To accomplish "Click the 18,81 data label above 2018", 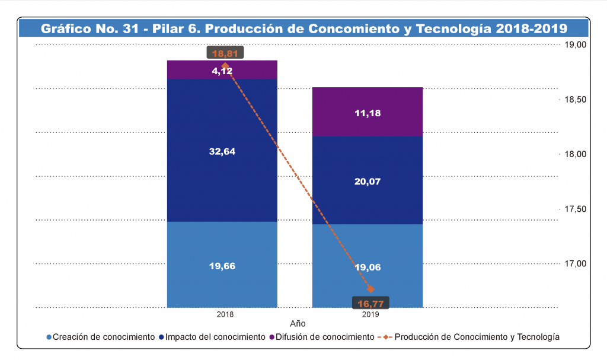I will [x=225, y=53].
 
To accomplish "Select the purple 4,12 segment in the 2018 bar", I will [x=222, y=70].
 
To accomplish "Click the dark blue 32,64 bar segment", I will [x=222, y=151].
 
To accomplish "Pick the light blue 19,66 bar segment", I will [x=222, y=265].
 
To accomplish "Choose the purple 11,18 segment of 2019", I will [x=368, y=112].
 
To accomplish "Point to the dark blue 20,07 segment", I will [x=368, y=180].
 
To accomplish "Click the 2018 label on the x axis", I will [x=225, y=314].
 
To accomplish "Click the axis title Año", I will [x=298, y=324].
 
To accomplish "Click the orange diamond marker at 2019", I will [x=371, y=289].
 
